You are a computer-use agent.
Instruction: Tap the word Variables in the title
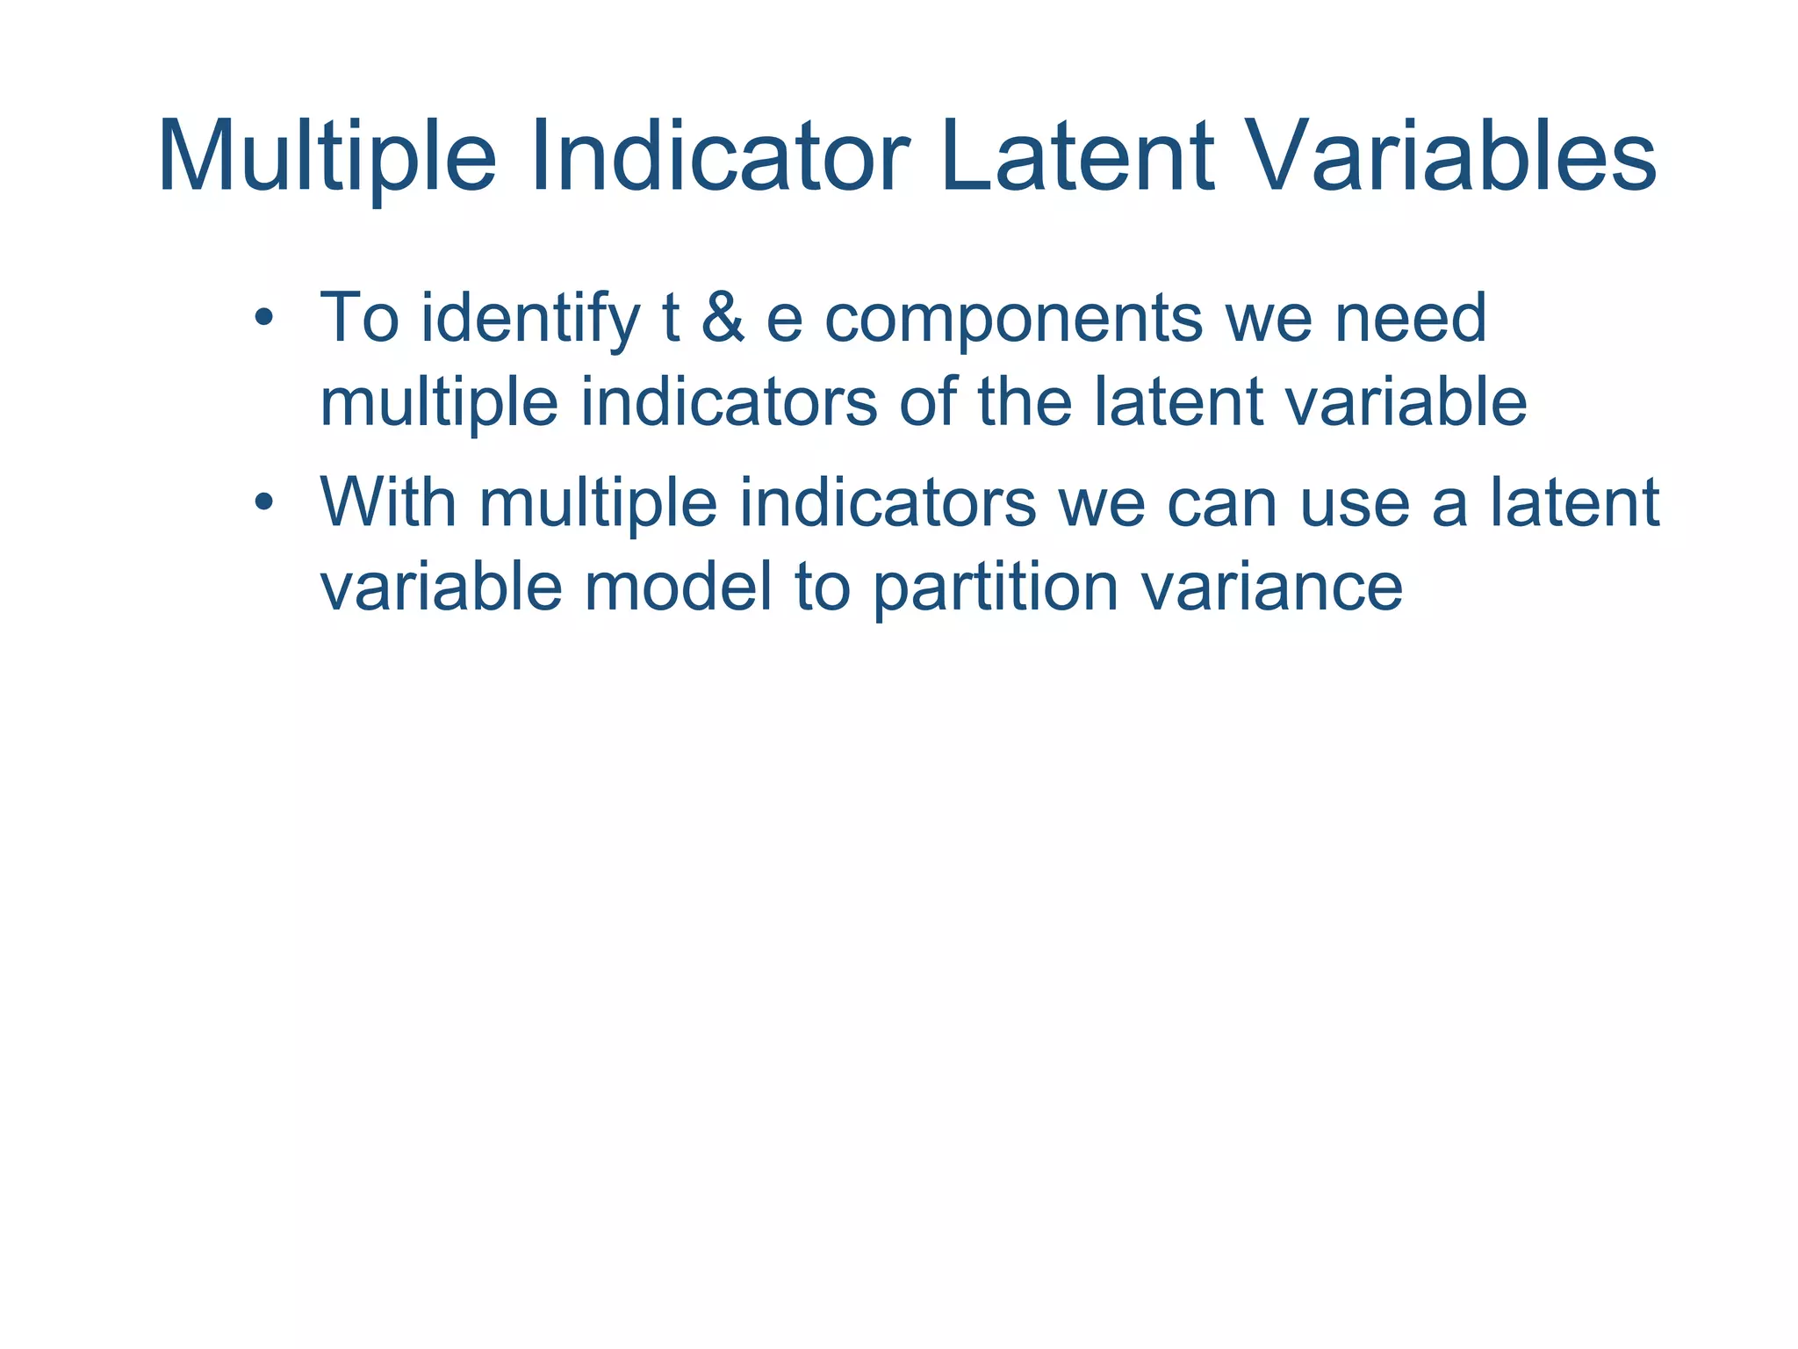click(x=1449, y=158)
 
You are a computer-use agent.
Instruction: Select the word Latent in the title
click(x=1076, y=158)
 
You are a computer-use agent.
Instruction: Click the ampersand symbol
click(x=723, y=319)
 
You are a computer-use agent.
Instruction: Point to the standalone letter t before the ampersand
click(x=670, y=318)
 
